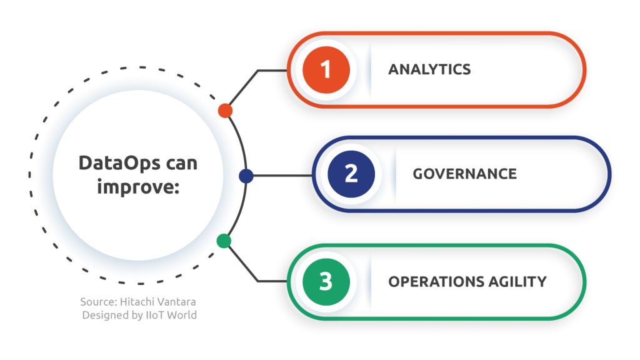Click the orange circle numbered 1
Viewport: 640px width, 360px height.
pyautogui.click(x=325, y=69)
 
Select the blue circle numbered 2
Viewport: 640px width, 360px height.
pyautogui.click(x=351, y=174)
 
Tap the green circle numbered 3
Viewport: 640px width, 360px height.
pyautogui.click(x=326, y=281)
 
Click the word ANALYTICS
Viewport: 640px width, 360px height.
pyautogui.click(x=429, y=69)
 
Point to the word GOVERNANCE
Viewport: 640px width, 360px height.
pyautogui.click(x=464, y=174)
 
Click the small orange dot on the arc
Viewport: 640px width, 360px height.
pyautogui.click(x=226, y=111)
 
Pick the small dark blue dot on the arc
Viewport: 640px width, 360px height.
pyautogui.click(x=246, y=176)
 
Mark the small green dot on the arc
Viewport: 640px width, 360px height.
pyautogui.click(x=224, y=241)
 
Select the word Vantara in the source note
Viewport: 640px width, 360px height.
pyautogui.click(x=177, y=302)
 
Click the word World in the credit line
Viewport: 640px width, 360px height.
pyautogui.click(x=182, y=315)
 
